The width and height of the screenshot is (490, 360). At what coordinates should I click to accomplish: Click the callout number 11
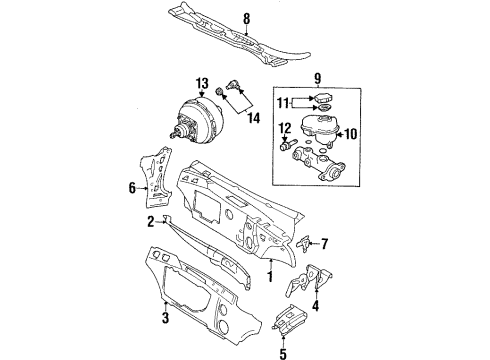pos(281,102)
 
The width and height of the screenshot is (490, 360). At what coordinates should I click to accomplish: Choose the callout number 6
pos(131,186)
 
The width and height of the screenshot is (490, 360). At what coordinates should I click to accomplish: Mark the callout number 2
pos(151,222)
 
